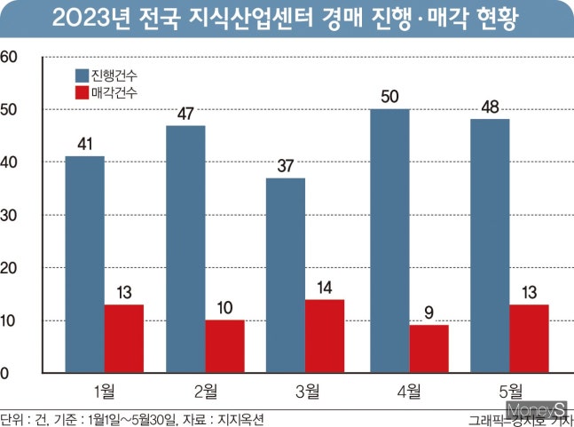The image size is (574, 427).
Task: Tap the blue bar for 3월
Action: point(285,275)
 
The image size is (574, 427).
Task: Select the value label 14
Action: point(325,288)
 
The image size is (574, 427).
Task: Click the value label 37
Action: point(285,166)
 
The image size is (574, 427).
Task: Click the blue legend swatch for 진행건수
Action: point(78,75)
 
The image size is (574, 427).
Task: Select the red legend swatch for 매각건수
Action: point(78,91)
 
